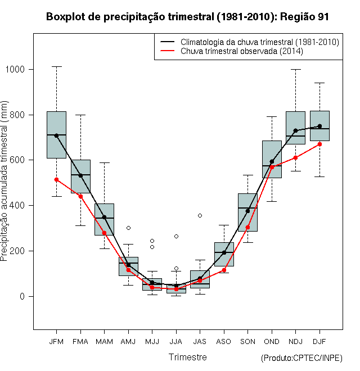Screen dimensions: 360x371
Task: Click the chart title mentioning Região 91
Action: click(x=187, y=17)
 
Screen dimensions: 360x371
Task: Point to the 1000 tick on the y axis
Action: click(x=15, y=69)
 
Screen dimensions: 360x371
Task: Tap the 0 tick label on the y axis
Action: click(x=22, y=296)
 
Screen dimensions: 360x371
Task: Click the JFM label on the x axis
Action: click(x=56, y=342)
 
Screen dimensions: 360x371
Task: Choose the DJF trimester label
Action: click(x=319, y=342)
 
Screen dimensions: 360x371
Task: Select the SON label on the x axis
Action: click(x=247, y=342)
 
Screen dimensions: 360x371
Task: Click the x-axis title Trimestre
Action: click(x=187, y=357)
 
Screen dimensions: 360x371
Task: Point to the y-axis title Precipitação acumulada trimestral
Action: click(x=4, y=181)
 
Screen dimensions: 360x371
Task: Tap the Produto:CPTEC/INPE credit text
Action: click(x=301, y=358)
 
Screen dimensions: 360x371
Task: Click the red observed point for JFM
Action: click(x=56, y=179)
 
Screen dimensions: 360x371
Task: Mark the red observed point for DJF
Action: click(x=319, y=144)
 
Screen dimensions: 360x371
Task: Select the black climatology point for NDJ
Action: click(x=295, y=130)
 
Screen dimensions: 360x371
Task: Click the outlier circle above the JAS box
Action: click(x=200, y=215)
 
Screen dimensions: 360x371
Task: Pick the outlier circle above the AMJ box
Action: click(x=128, y=228)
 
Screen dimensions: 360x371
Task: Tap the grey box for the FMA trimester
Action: click(x=80, y=177)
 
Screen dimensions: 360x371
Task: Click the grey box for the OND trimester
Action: click(x=272, y=159)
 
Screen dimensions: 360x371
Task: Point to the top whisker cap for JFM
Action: click(x=56, y=67)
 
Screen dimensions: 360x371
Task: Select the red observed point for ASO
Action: click(x=224, y=270)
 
